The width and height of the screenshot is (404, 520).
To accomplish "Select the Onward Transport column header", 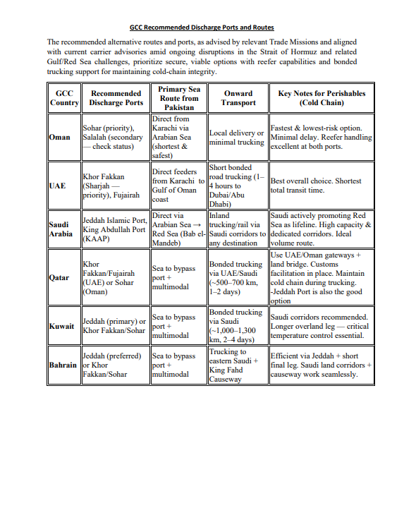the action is [238, 98].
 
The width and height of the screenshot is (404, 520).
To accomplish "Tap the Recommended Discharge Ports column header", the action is [116, 98].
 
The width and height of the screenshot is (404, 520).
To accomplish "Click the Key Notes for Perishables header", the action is [322, 98].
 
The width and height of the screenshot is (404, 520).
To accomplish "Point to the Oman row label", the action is [59, 137].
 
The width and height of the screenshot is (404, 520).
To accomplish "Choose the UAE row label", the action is [57, 186].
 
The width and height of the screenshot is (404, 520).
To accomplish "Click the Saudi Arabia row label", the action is [61, 229].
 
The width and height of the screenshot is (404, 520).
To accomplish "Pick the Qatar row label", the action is [59, 277].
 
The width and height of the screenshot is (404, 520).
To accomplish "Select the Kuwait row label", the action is [61, 327].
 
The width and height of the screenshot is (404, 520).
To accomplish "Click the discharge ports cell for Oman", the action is [116, 137].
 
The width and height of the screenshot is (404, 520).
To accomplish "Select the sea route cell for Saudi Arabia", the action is [179, 229].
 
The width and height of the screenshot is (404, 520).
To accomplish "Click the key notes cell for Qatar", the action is [322, 277].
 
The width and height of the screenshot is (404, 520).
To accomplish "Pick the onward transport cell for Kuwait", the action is [238, 326].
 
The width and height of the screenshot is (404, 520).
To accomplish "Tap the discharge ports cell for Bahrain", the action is [116, 365].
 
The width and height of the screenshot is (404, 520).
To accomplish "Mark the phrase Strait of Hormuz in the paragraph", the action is [324, 52].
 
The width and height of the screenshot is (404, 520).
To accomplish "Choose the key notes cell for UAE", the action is [322, 186].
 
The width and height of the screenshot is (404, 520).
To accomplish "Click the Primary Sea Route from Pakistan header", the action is [179, 98].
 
